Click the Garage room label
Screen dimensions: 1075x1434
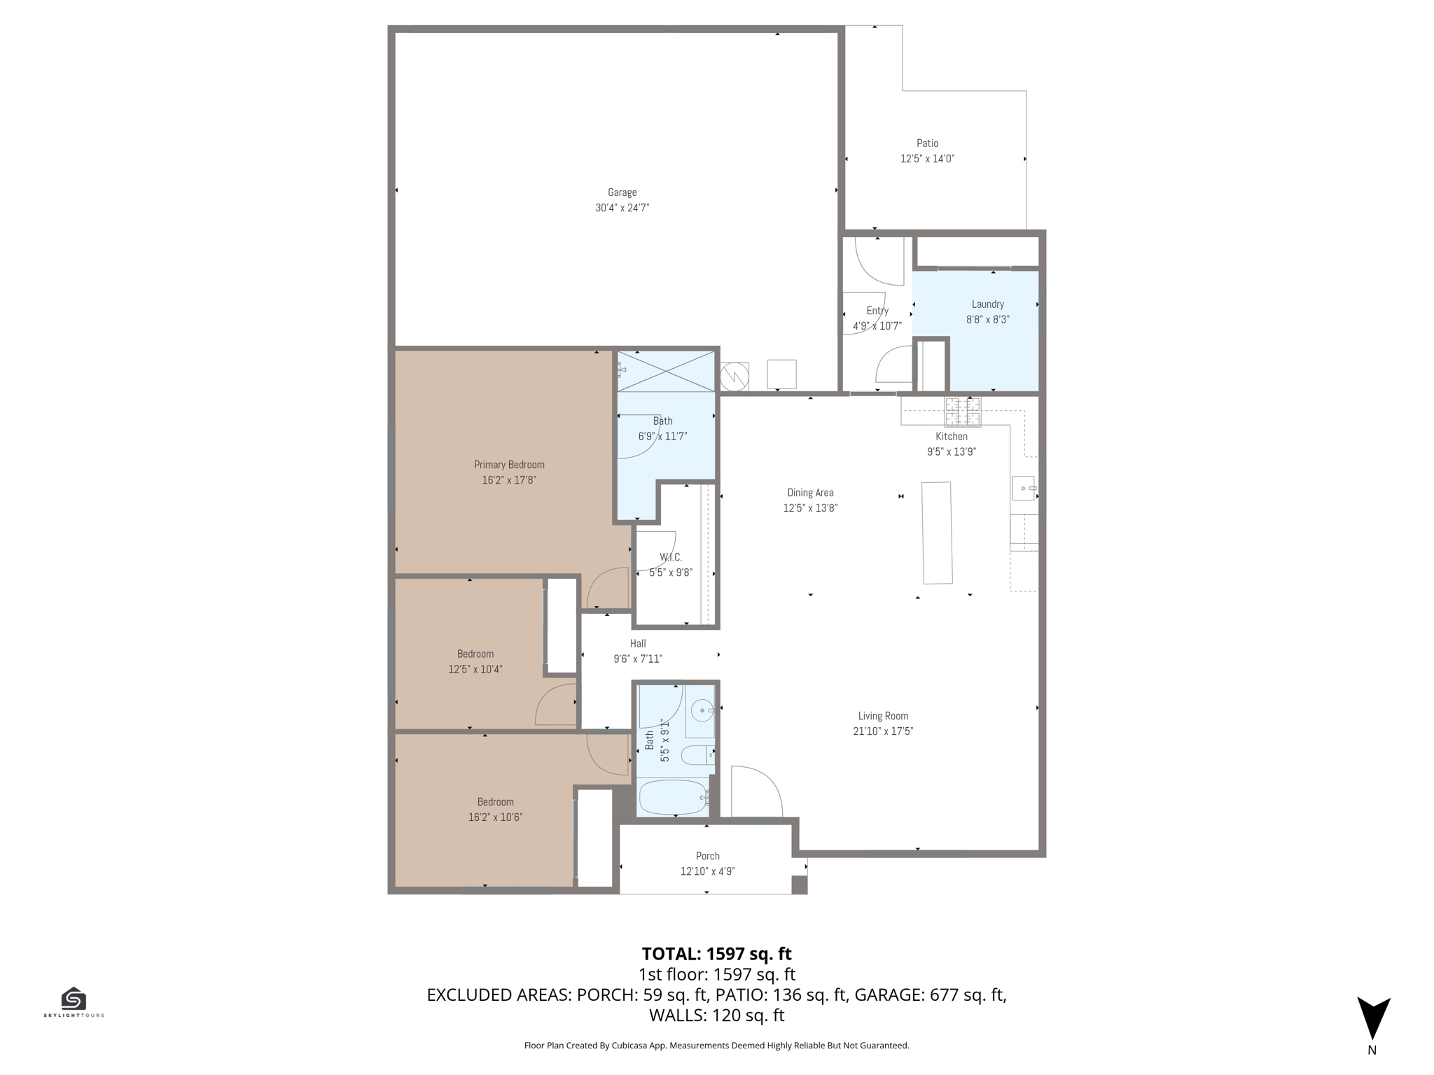click(622, 192)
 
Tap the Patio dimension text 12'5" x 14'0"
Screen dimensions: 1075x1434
click(927, 159)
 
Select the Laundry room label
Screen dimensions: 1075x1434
click(987, 304)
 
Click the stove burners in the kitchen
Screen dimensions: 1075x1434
click(962, 412)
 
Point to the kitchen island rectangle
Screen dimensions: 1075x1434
click(937, 533)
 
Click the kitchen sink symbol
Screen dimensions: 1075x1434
click(1024, 488)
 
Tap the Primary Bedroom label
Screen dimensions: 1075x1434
click(509, 465)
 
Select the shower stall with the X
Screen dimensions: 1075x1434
click(666, 371)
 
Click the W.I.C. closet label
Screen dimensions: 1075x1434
click(670, 557)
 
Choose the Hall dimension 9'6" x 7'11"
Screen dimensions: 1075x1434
click(638, 659)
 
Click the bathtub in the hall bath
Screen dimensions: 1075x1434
click(673, 797)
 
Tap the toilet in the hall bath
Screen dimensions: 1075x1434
click(697, 755)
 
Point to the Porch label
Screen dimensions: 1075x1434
click(707, 856)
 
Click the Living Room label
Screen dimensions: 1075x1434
click(883, 716)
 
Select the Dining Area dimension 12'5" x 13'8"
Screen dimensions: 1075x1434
click(810, 508)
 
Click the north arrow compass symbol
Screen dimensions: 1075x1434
click(1373, 1018)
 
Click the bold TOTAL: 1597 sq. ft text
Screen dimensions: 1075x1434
click(716, 954)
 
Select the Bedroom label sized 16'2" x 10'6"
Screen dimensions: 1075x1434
click(495, 802)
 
